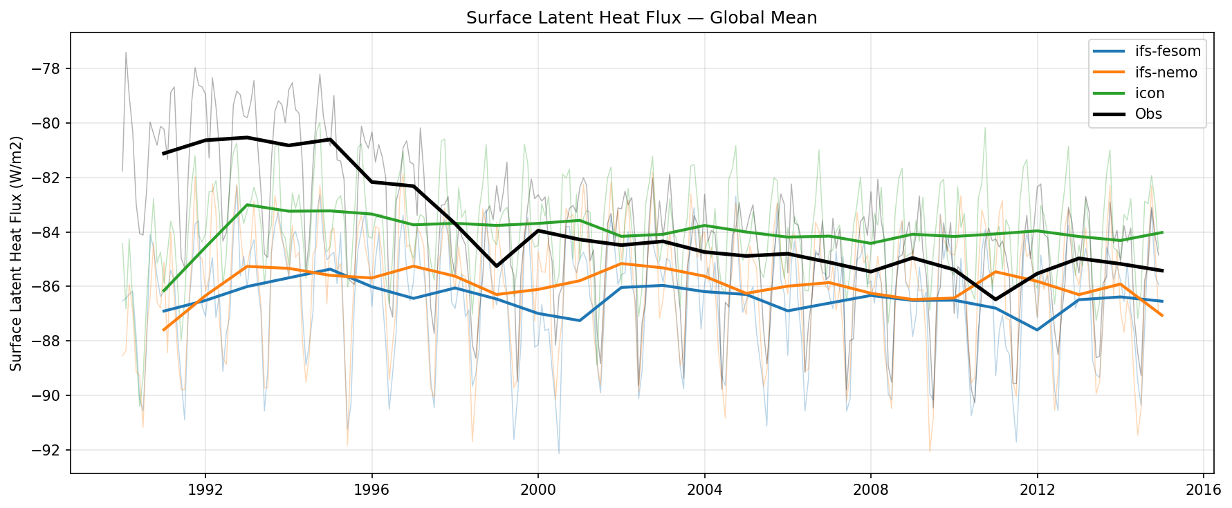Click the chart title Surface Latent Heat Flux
click(641, 18)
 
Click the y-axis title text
click(17, 253)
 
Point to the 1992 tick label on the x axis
click(205, 490)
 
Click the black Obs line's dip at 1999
click(497, 266)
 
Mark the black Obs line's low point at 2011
click(995, 300)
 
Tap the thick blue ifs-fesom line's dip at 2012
click(1037, 330)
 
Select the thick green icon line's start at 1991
click(164, 291)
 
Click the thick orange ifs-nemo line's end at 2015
click(1162, 315)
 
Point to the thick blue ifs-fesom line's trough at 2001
click(580, 320)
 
